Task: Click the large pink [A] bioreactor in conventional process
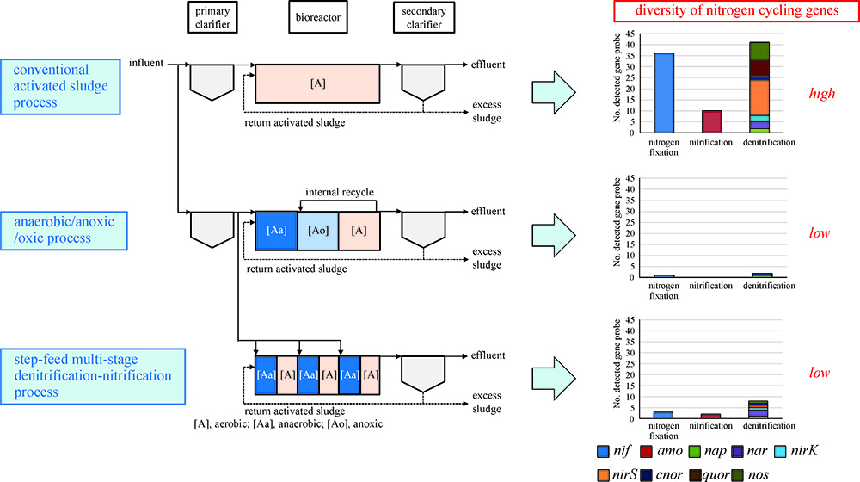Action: coord(318,86)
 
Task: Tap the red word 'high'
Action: coord(822,93)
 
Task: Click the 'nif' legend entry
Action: coord(613,450)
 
